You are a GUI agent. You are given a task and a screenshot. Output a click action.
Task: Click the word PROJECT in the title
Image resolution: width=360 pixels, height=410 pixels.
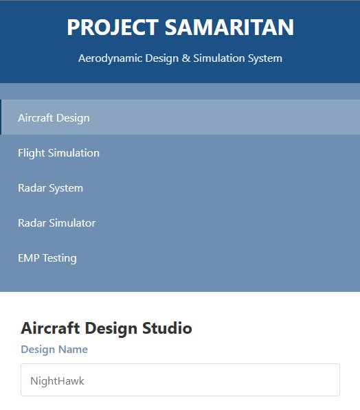pos(113,28)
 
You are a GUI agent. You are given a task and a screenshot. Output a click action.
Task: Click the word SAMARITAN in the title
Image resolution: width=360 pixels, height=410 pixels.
pos(229,28)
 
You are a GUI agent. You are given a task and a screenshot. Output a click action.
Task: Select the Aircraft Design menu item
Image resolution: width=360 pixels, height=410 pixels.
pos(54,117)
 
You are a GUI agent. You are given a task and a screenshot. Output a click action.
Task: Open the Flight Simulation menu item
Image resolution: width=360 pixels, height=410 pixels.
pos(58,152)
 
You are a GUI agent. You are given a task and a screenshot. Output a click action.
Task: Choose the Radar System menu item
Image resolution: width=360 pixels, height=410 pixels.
pos(50,187)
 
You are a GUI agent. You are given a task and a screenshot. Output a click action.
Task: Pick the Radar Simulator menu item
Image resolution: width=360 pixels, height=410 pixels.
pos(56,223)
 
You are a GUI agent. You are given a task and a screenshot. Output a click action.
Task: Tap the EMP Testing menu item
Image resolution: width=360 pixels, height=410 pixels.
pos(47,258)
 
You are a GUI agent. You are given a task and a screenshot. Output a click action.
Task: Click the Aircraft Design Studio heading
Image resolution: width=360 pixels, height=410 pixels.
pos(106,328)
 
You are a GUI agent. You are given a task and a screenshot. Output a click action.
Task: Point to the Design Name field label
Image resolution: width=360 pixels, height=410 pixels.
pos(54,350)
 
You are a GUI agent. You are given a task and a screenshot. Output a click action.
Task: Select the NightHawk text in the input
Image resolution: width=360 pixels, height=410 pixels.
pos(57,380)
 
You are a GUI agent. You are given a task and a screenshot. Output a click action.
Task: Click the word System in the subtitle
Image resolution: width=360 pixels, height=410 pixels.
pos(264,58)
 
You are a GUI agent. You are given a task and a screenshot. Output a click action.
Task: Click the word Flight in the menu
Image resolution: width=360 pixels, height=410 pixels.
pos(30,152)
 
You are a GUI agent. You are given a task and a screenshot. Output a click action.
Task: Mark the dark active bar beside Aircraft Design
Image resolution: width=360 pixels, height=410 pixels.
pos(1,117)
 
